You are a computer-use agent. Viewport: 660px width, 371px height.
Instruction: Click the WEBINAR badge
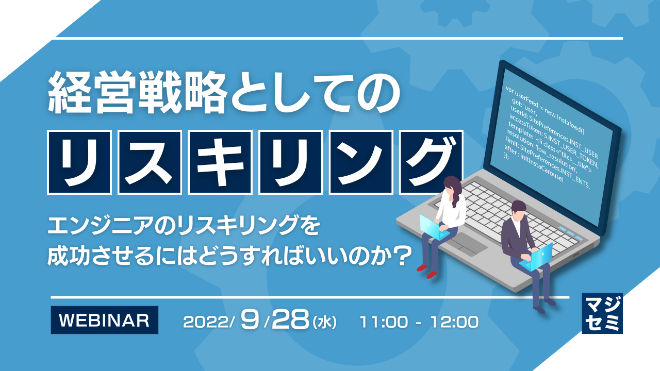104,320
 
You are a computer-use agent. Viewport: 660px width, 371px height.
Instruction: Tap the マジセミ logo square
602,313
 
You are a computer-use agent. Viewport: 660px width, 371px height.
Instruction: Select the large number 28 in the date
291,321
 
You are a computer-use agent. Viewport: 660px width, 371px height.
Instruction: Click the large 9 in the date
252,321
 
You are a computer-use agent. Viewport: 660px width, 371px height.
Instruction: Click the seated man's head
518,210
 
